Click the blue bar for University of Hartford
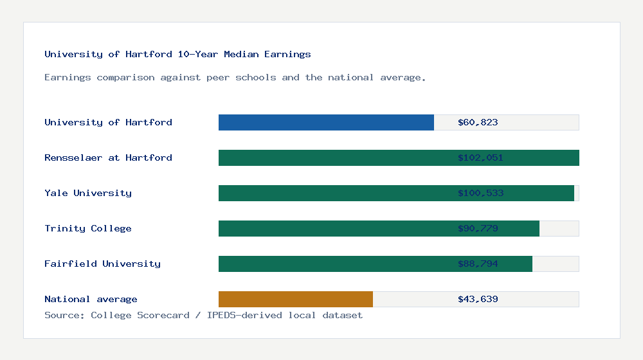pos(326,122)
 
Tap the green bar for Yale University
pos(334,193)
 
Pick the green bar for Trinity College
pos(334,228)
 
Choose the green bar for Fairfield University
pos(334,264)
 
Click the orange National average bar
pos(296,299)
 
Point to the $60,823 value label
pos(478,122)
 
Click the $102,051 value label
pos(480,157)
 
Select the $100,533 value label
pos(480,193)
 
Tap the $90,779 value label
pos(478,228)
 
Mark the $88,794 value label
pos(478,264)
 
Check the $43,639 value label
pos(478,299)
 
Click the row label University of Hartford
pos(108,122)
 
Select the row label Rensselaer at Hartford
pos(108,157)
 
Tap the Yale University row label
pos(88,193)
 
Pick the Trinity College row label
pos(88,228)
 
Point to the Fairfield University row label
pos(102,264)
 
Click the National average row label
pos(91,299)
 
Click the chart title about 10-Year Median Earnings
pos(177,54)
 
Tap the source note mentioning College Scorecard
pos(203,315)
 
